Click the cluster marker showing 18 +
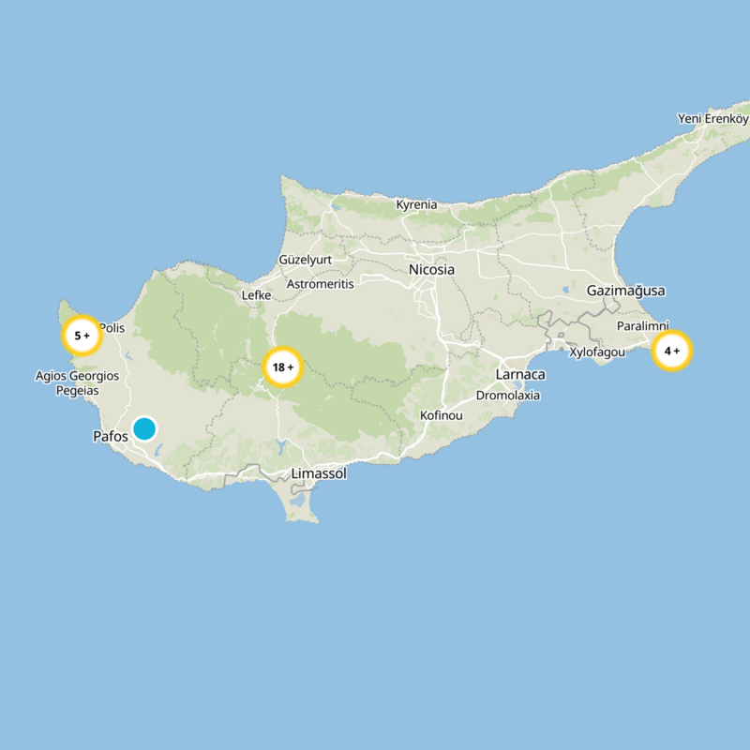(x=282, y=367)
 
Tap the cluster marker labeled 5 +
(x=82, y=335)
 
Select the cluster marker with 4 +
(x=671, y=352)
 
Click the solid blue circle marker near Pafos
(x=144, y=428)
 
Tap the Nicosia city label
(x=431, y=270)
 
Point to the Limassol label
(x=319, y=474)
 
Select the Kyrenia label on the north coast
(x=416, y=204)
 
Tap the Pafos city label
(x=111, y=437)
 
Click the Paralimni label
(x=642, y=326)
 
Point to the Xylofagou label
(x=597, y=352)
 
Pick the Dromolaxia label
(x=508, y=396)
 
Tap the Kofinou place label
(x=442, y=415)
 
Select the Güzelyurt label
(x=305, y=260)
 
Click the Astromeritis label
(x=320, y=284)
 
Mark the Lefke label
(x=256, y=295)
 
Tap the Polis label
(x=112, y=329)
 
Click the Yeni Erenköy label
(x=713, y=119)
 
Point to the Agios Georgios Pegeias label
(x=77, y=382)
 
